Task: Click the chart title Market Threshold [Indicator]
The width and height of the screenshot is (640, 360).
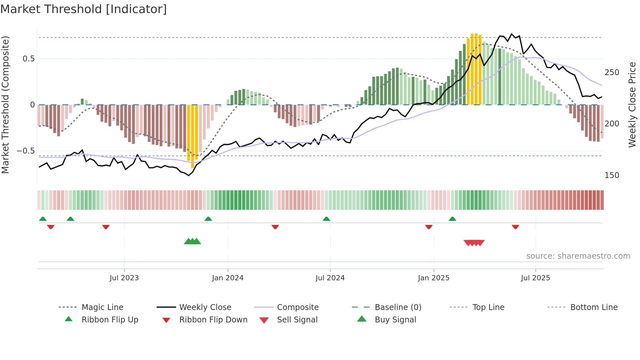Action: pos(84,9)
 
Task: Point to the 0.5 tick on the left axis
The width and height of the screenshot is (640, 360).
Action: pos(28,59)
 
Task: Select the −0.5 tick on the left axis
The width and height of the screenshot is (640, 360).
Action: pos(26,151)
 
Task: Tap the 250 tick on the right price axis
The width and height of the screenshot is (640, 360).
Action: pos(612,73)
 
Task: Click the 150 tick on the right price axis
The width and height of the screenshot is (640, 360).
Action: pos(612,175)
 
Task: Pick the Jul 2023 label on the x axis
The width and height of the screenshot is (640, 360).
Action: pos(124,278)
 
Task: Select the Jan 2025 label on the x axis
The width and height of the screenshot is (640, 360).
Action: pos(433,278)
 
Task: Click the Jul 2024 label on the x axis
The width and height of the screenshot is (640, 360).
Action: pos(330,278)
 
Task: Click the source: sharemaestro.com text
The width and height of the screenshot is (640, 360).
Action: pos(578,256)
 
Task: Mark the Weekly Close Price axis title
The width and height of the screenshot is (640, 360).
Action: pos(632,105)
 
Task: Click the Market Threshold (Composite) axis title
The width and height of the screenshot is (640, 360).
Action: pos(5,105)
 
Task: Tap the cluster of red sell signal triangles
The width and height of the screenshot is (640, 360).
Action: pos(474,243)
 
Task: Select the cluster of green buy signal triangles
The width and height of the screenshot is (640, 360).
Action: pos(192,241)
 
